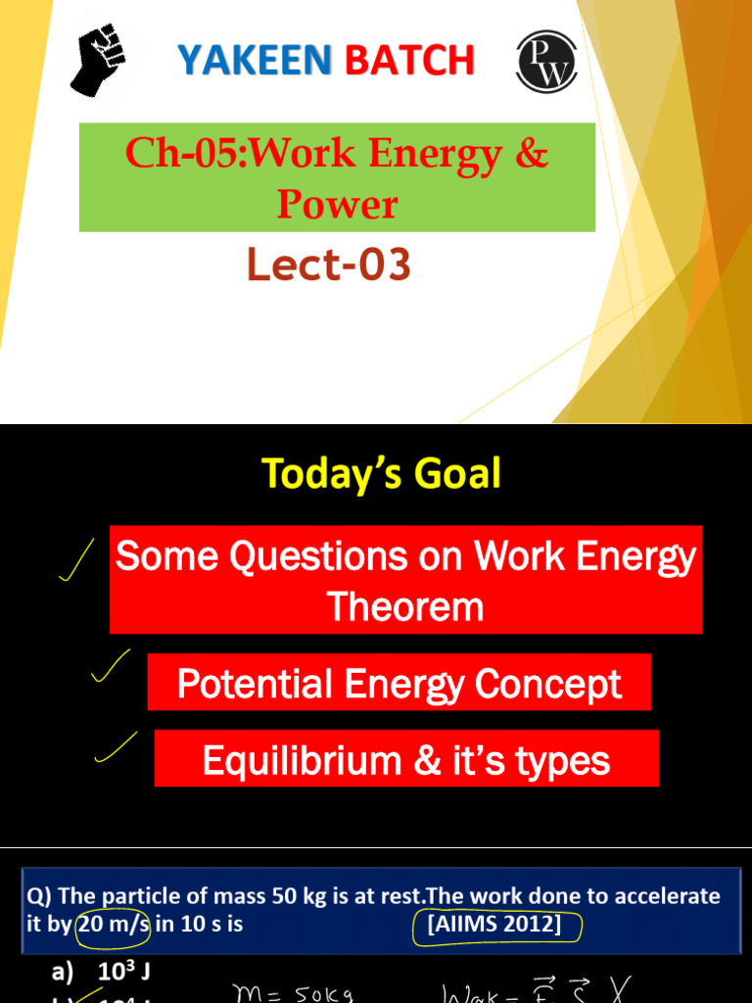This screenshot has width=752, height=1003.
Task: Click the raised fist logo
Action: click(99, 59)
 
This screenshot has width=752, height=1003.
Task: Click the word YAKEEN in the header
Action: click(254, 61)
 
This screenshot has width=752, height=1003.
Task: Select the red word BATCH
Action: click(409, 61)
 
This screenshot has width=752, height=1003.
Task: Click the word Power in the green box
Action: click(337, 204)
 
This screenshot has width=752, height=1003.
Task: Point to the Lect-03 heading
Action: click(328, 265)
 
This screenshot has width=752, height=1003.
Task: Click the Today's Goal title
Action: click(381, 474)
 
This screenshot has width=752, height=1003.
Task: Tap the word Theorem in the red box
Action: click(405, 606)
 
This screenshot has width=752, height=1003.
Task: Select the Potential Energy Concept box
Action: click(399, 683)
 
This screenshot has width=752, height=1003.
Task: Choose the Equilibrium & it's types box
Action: click(406, 760)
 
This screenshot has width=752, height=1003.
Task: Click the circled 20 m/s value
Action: click(112, 924)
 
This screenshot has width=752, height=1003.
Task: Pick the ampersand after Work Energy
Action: click(530, 154)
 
